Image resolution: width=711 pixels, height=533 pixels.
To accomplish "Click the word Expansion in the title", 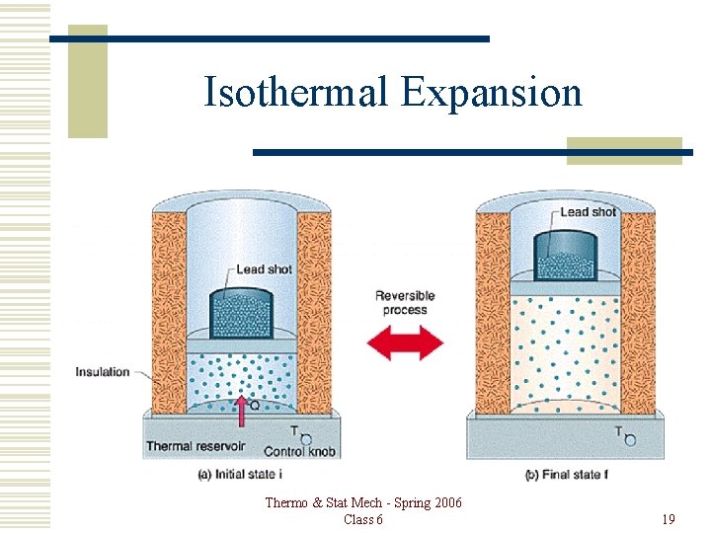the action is point(492,92).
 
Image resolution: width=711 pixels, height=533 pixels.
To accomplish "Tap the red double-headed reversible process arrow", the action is point(405,343).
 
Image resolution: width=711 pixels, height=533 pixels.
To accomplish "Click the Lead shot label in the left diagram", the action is point(264,269).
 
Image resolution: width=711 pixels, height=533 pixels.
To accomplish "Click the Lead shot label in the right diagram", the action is point(588,211).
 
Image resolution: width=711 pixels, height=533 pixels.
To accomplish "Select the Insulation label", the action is point(103,372).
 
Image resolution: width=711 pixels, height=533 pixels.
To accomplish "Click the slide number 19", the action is point(668,519).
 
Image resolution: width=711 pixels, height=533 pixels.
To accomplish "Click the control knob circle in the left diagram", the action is point(305,438).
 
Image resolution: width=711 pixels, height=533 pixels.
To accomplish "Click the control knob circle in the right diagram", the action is point(629,439).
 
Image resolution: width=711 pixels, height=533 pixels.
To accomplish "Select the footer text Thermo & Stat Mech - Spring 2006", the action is point(362,503).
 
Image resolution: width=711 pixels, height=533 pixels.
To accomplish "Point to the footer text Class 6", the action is point(362,519).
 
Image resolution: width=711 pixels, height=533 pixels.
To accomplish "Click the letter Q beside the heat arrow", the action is point(255,403).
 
